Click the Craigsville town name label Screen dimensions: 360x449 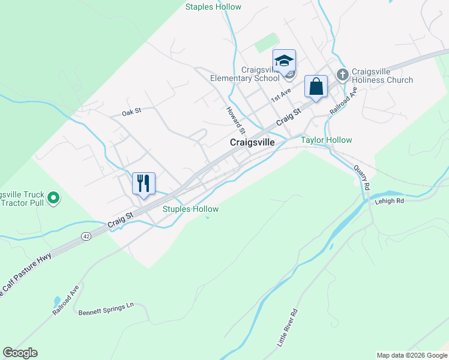(x=252, y=143)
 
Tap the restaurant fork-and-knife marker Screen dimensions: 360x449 (x=143, y=183)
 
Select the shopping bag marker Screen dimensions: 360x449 (x=316, y=86)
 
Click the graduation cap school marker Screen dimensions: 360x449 (x=284, y=61)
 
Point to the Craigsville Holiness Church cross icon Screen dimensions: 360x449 (x=343, y=75)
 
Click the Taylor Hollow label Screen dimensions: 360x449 (x=327, y=140)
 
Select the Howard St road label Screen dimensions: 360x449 (x=236, y=120)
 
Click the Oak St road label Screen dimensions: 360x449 (x=131, y=112)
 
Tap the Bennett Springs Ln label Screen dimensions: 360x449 (x=106, y=310)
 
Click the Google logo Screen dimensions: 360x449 (x=20, y=353)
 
